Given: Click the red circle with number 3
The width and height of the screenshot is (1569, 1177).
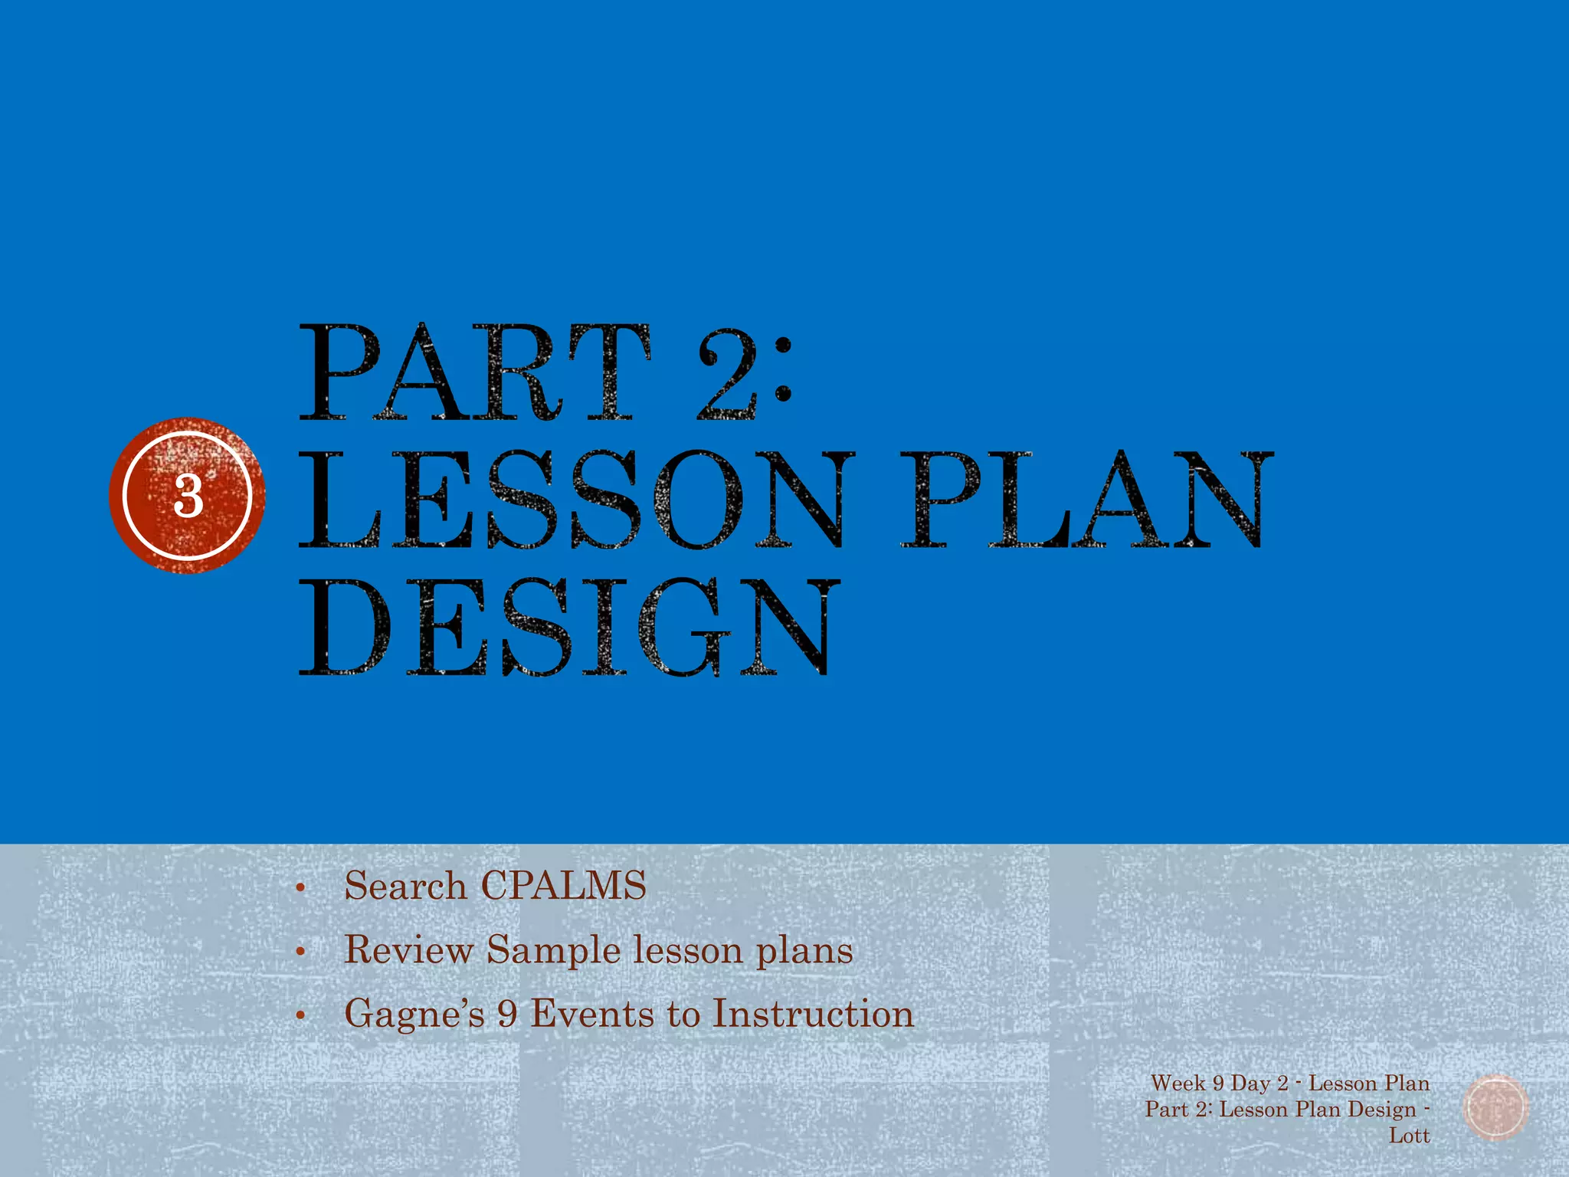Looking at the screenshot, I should [187, 495].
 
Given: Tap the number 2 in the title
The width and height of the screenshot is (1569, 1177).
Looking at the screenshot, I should [727, 374].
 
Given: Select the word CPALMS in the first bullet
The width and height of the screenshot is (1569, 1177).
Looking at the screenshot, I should [563, 886].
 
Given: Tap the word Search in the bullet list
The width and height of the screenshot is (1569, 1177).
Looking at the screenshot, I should [405, 886].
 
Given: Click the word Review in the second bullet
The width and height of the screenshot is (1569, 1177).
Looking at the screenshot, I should [408, 950].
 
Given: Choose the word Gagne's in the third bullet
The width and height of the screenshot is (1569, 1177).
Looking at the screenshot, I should [414, 1015].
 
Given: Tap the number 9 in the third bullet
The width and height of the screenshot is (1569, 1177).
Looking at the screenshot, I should [507, 1014].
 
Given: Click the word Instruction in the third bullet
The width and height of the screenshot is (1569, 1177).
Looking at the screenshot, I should [814, 1013].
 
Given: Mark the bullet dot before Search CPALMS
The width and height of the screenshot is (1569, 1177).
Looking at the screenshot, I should [300, 889].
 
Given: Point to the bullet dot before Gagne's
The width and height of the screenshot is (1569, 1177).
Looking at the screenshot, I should [300, 1017].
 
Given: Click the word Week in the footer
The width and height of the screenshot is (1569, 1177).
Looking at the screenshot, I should [1178, 1084].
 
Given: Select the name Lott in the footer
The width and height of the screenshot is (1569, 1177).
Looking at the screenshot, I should [1409, 1136].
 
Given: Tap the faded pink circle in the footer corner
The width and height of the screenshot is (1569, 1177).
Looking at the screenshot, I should [1495, 1108].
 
